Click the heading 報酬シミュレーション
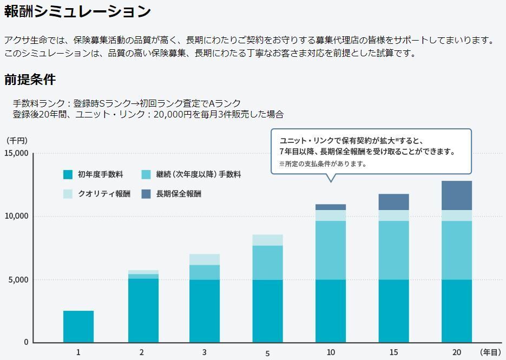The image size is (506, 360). [x=77, y=11]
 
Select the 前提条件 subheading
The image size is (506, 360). [x=30, y=80]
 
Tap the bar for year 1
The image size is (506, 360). [x=78, y=326]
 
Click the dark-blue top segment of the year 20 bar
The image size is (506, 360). [x=457, y=195]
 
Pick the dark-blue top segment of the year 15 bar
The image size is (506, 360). [x=393, y=202]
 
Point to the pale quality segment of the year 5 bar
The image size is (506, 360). [x=267, y=240]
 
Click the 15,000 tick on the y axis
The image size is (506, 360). [x=16, y=153]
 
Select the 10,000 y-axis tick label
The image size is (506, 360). [x=16, y=216]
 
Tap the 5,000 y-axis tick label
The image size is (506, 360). [x=18, y=279]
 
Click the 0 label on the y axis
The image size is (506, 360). [x=26, y=342]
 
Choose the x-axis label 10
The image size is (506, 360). [x=331, y=352]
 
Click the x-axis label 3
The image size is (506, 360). [x=204, y=352]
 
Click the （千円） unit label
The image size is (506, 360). [x=16, y=140]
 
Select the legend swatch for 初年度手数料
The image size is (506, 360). [x=68, y=174]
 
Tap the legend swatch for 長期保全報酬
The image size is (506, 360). [x=146, y=194]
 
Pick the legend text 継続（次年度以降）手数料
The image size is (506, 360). [x=198, y=174]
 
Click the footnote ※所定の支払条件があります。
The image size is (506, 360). [x=323, y=163]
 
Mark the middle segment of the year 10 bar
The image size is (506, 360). [x=331, y=250]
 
